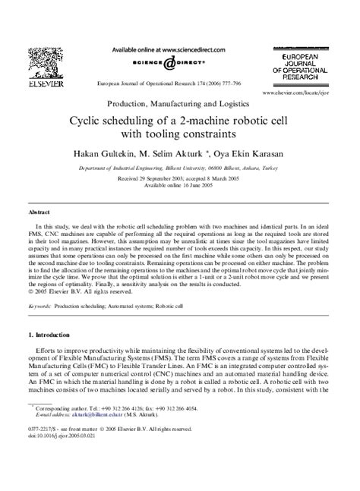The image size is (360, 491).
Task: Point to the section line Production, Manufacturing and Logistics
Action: coord(180,102)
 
